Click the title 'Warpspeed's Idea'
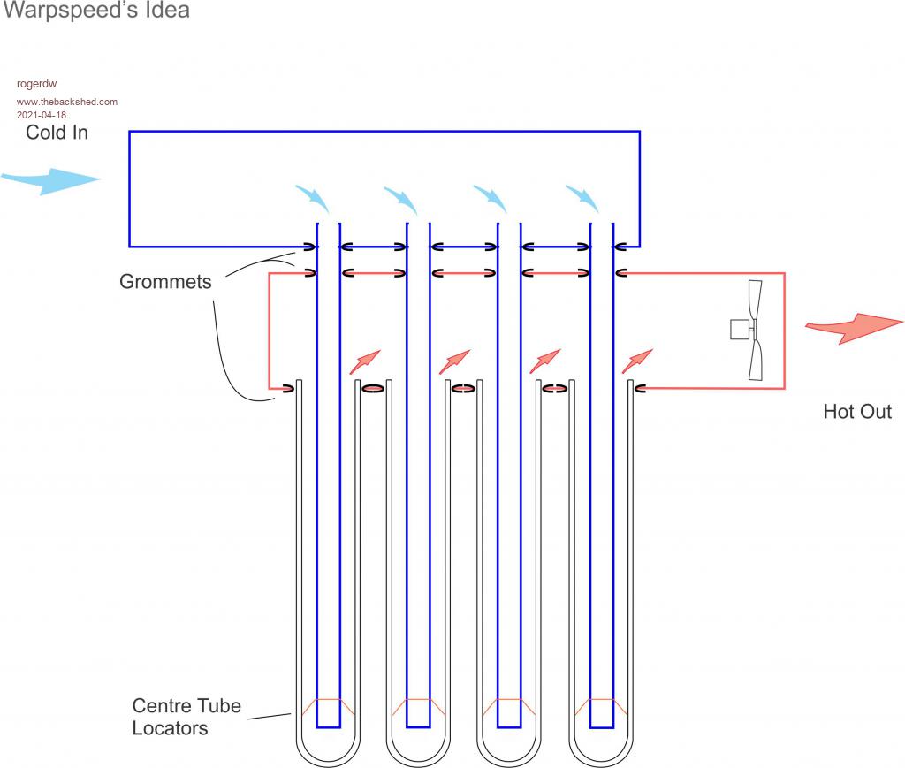point(96,11)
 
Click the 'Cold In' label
point(57,133)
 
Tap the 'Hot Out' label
point(857,411)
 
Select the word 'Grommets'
point(165,282)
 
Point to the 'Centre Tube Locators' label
point(186,717)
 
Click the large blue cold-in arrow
point(50,180)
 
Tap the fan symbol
point(752,330)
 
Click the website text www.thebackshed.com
point(67,102)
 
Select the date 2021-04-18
point(41,115)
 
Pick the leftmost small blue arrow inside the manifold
point(313,199)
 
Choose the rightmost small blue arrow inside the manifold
point(583,199)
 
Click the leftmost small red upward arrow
point(365,361)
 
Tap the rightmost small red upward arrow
point(637,361)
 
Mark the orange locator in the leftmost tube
point(328,707)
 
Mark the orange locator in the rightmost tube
point(601,707)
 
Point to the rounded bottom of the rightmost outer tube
point(601,752)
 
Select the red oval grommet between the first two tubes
point(373,387)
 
